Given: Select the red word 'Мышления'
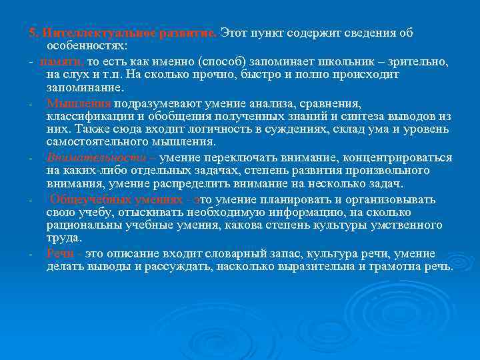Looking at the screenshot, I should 79,104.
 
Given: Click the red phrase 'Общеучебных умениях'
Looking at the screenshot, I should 115,200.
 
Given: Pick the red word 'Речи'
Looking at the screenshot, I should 61,254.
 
